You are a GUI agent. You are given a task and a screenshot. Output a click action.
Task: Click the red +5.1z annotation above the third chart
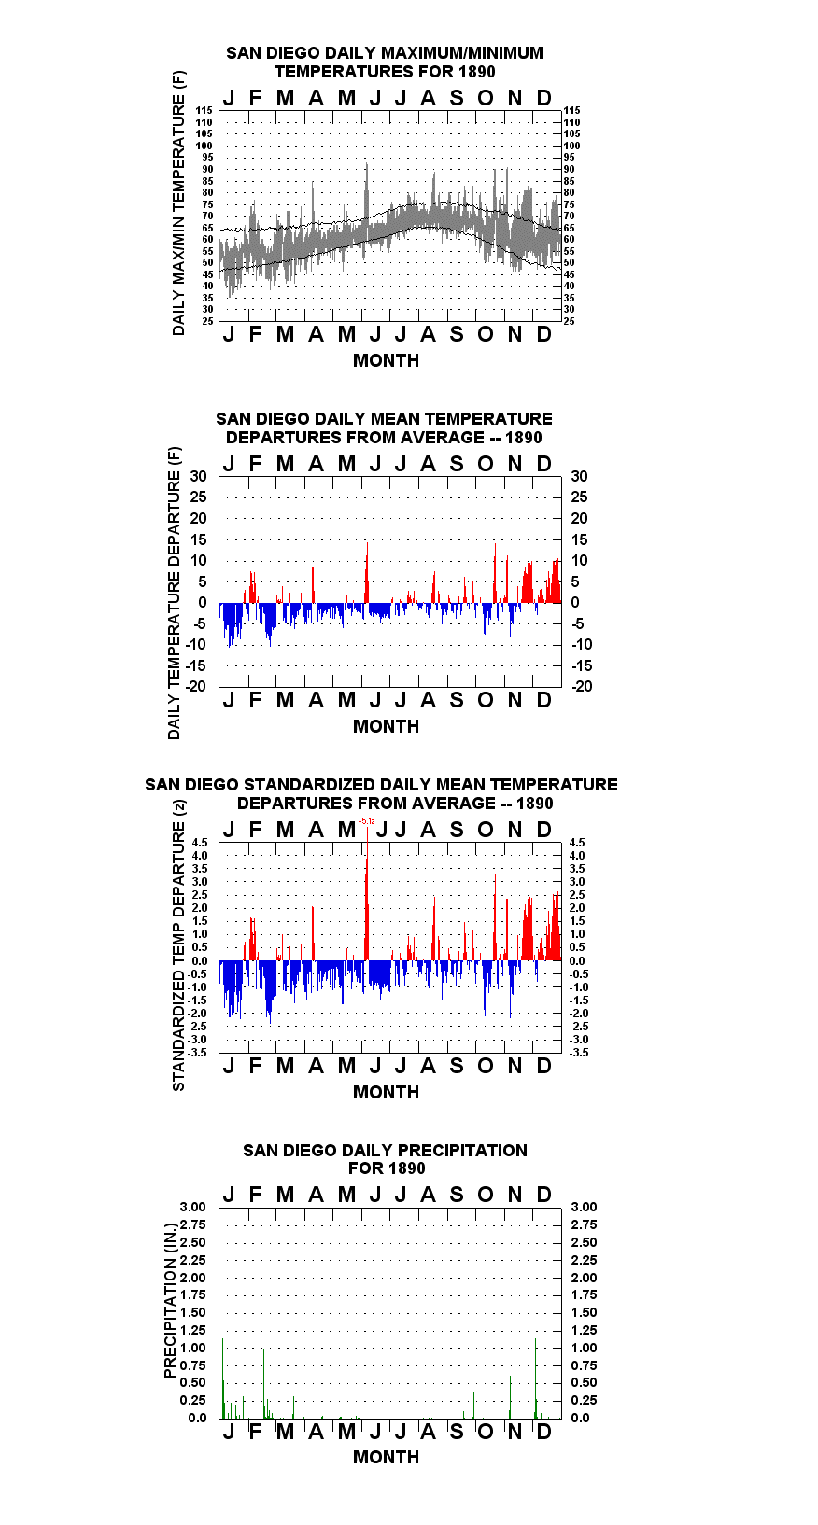click(x=366, y=821)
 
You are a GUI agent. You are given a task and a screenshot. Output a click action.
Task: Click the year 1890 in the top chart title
click(x=476, y=72)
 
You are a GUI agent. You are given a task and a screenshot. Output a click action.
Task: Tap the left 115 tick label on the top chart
click(x=204, y=110)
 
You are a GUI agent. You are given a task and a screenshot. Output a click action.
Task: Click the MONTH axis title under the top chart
click(x=386, y=361)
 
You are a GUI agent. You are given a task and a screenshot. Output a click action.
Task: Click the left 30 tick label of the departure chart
click(x=198, y=477)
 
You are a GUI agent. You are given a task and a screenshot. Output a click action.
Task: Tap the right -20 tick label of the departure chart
click(x=582, y=686)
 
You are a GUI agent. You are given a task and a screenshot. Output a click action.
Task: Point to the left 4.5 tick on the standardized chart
click(x=200, y=843)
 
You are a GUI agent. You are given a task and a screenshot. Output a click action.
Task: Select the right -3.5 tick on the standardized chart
click(x=579, y=1053)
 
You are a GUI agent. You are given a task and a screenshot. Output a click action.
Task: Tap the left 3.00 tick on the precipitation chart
click(x=192, y=1207)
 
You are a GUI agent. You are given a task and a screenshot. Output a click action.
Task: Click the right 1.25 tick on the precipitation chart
click(x=584, y=1330)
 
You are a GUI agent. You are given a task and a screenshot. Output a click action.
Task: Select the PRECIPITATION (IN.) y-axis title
click(x=170, y=1301)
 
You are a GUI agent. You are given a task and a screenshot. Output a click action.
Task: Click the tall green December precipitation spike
click(x=535, y=1378)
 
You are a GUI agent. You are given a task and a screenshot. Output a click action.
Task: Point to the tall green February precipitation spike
click(x=263, y=1383)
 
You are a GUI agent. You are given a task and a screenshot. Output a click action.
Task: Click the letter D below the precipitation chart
click(x=543, y=1432)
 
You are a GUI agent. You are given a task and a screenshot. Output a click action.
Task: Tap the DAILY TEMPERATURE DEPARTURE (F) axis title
click(x=175, y=593)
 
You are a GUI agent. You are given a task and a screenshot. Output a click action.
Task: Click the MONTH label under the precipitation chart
click(x=386, y=1457)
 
